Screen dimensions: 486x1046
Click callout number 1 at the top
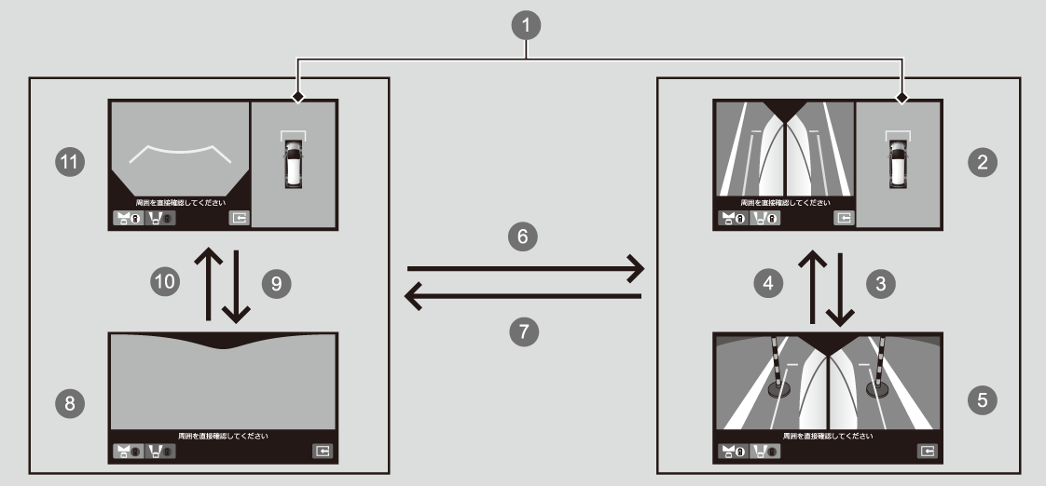pos(529,25)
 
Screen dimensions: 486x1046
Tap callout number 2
pos(979,162)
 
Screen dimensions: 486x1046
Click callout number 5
pos(979,400)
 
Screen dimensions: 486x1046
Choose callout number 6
pos(523,237)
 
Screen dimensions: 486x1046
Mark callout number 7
pos(523,329)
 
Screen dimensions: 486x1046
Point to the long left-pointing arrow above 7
pos(522,297)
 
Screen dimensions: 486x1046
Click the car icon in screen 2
pos(899,159)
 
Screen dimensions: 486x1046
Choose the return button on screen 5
pos(927,452)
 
